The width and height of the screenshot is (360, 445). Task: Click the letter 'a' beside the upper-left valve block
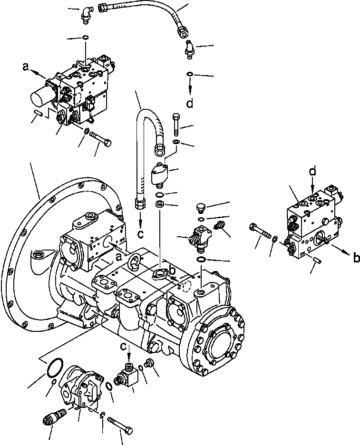(x=26, y=68)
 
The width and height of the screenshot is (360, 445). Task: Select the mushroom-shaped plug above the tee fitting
(x=200, y=207)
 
